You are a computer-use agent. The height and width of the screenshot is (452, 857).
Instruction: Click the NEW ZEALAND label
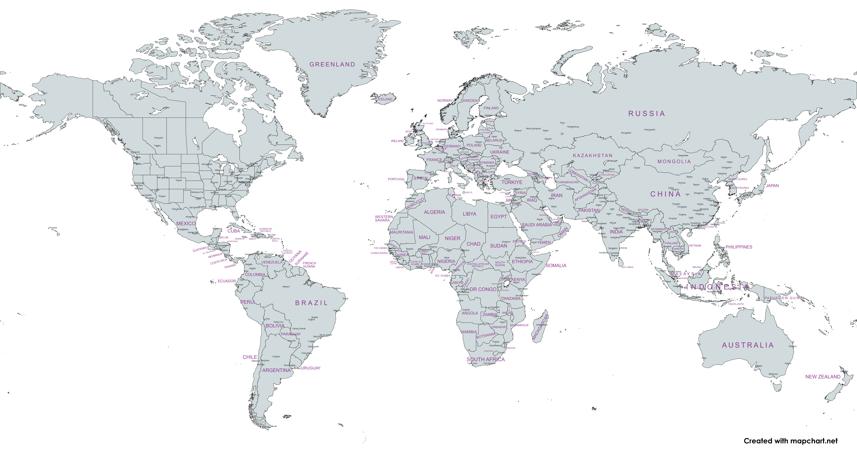pyautogui.click(x=823, y=377)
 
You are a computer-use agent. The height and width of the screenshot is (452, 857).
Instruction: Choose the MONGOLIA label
pyautogui.click(x=674, y=162)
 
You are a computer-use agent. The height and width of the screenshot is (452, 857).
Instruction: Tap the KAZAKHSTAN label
pyautogui.click(x=592, y=156)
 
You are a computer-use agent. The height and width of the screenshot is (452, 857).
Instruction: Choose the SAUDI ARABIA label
pyautogui.click(x=536, y=225)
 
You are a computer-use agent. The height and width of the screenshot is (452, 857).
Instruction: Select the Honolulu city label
pyautogui.click(x=53, y=228)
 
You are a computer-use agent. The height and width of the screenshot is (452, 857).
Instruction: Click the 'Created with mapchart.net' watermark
pyautogui.click(x=790, y=441)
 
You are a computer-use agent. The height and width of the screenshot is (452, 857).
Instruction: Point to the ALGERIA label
pyautogui.click(x=434, y=212)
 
